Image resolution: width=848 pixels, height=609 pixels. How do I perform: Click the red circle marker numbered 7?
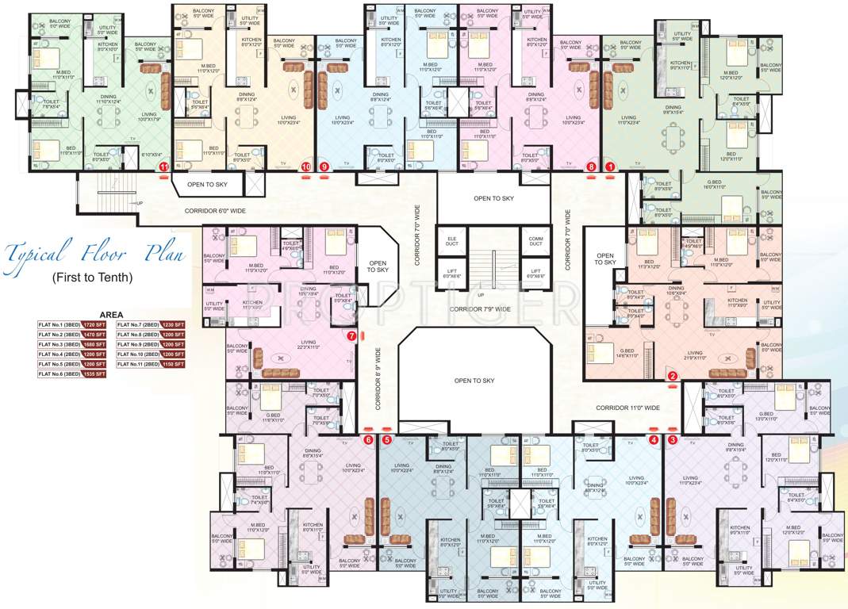351,335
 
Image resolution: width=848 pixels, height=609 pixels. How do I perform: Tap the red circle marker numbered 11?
163,167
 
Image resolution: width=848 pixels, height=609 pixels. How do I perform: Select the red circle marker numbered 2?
672,377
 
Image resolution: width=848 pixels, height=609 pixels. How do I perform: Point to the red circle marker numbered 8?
590,167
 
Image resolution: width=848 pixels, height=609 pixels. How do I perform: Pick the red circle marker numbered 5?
387,439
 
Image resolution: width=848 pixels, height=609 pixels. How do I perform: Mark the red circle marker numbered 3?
673,439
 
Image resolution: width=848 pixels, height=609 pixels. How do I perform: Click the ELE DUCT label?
452,242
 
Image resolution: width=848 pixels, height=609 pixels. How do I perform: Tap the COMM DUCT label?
535,242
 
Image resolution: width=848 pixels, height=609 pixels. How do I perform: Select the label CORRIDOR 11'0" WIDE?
628,408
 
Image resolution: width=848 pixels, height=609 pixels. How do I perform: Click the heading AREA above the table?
110,314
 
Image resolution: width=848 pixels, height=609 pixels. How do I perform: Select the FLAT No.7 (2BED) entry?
139,324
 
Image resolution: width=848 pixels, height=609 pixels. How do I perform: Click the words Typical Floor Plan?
95,254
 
